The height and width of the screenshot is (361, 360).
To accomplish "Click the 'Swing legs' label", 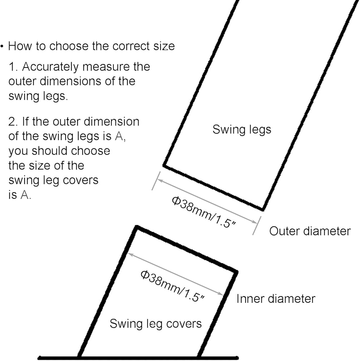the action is click(242, 130).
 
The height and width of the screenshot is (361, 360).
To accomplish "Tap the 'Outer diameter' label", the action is click(310, 231).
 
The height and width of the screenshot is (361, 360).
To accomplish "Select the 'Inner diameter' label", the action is click(276, 299).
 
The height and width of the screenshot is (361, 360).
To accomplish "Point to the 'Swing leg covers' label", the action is click(155, 324).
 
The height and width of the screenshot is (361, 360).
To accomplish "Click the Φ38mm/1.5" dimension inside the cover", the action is click(173, 286).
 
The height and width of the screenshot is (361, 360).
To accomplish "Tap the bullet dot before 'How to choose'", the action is click(2, 46).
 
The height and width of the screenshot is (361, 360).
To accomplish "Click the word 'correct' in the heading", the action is click(131, 46).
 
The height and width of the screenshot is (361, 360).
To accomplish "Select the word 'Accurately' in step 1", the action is click(51, 67).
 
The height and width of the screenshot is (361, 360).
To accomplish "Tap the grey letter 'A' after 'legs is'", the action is click(119, 136).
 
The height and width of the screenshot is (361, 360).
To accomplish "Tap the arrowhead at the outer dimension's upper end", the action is click(160, 180).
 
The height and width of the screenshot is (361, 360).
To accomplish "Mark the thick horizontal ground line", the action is click(138, 357).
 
